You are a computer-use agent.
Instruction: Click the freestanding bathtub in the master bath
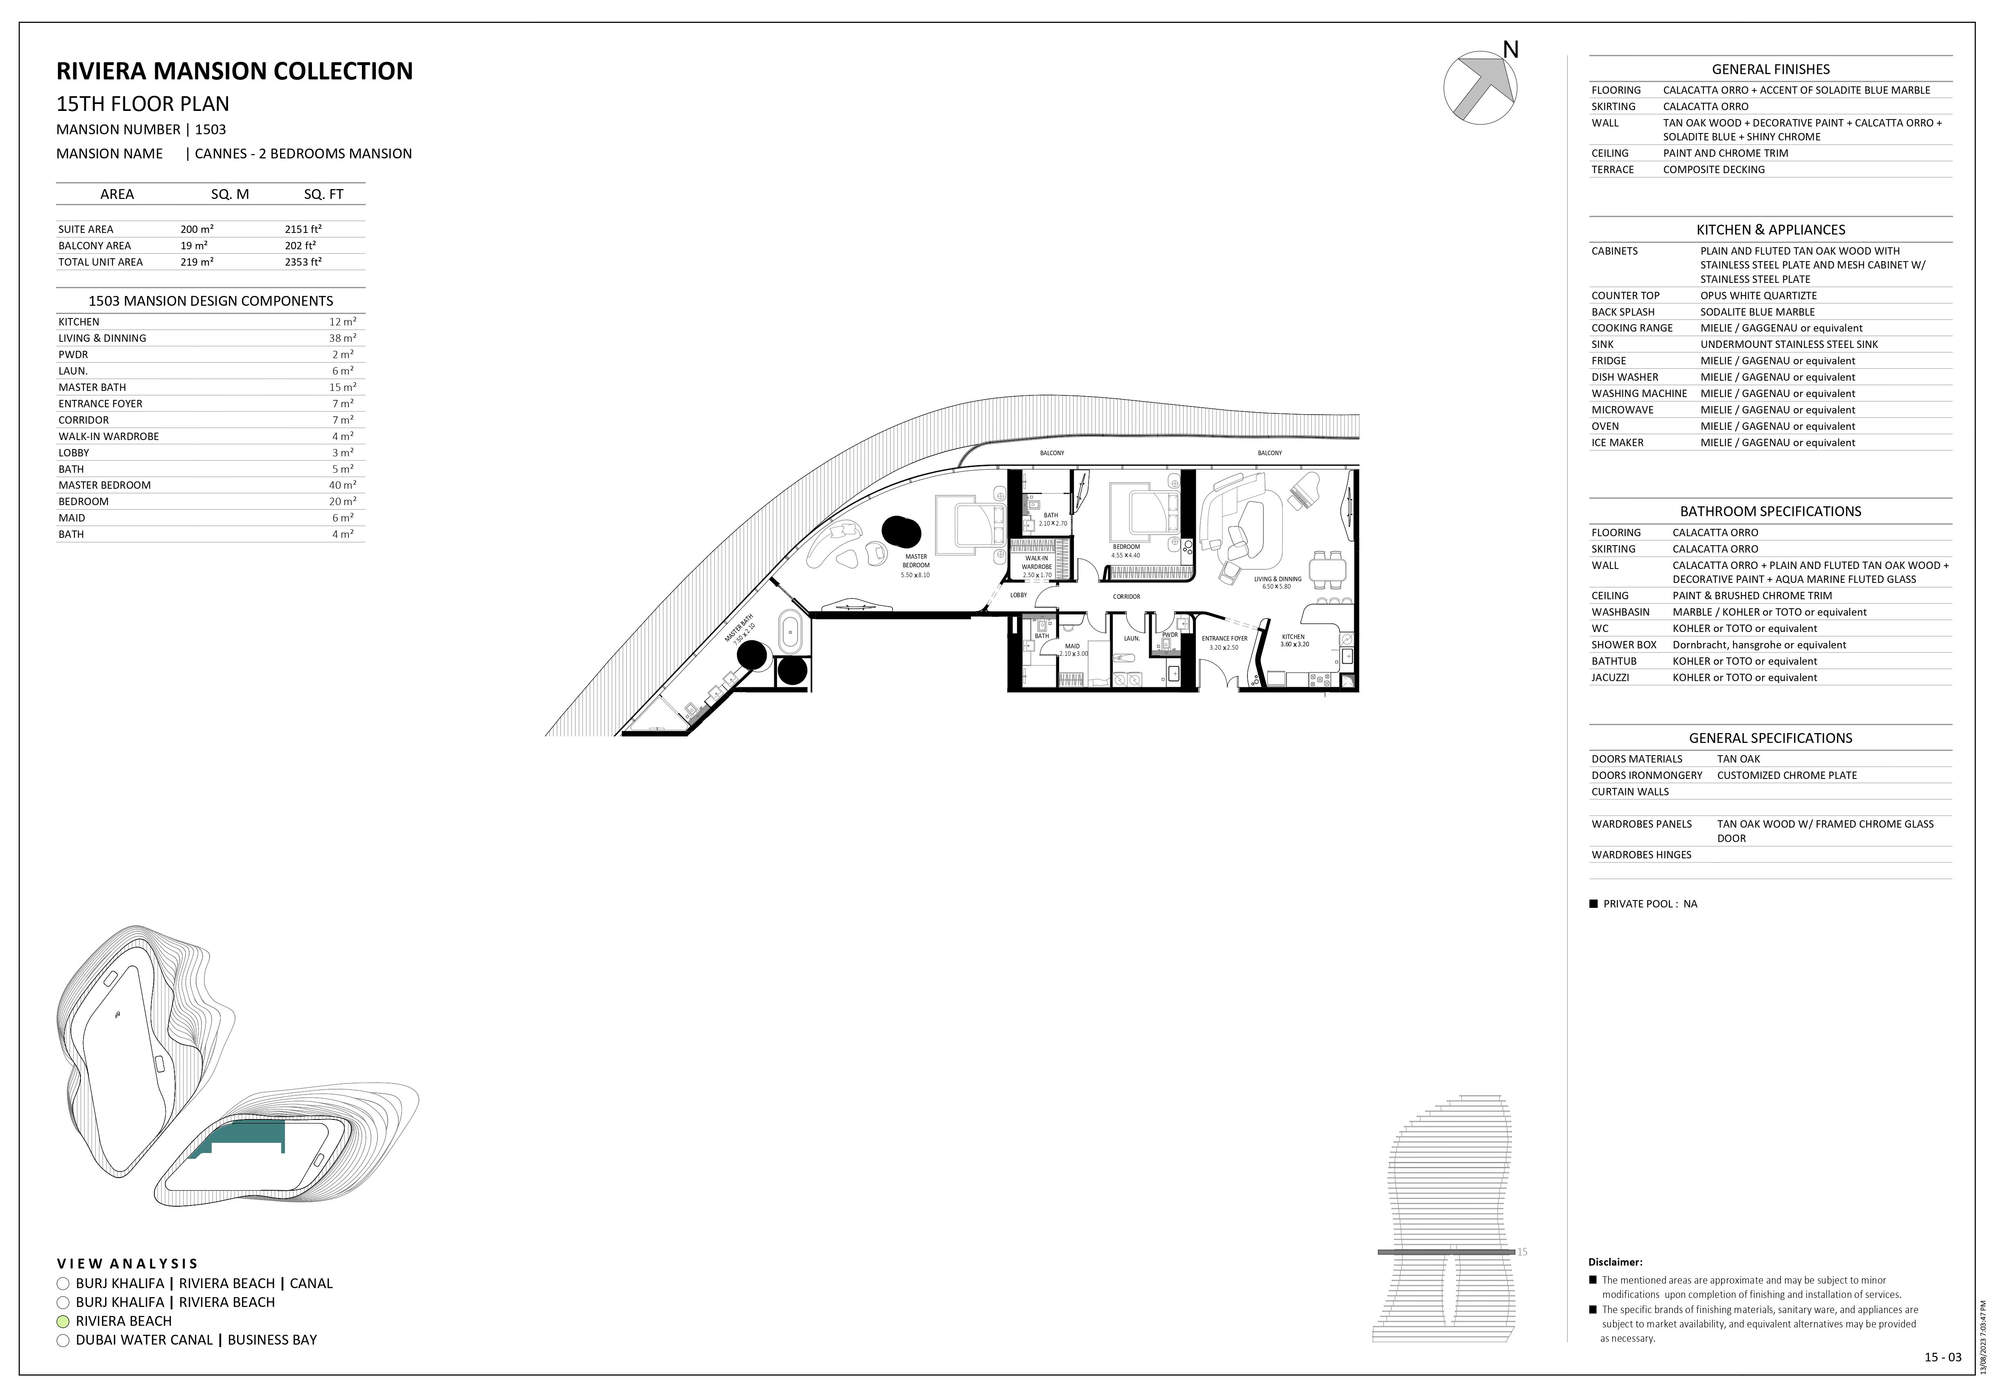pyautogui.click(x=790, y=632)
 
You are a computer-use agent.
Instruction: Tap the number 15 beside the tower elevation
pyautogui.click(x=1522, y=1252)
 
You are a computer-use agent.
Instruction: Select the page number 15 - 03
pyautogui.click(x=1943, y=1357)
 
